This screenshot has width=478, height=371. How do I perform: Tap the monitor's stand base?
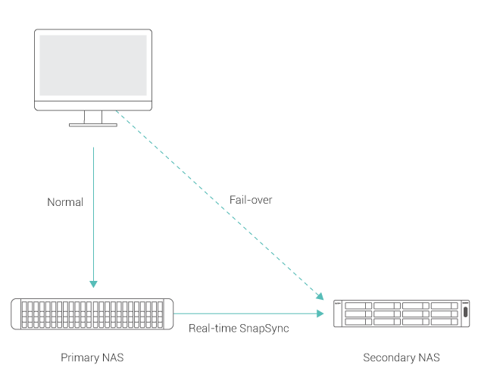(x=93, y=124)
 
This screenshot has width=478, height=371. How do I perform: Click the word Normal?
(x=65, y=202)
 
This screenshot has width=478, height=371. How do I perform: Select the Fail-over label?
(x=251, y=200)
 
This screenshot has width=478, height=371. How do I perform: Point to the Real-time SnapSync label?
(x=239, y=329)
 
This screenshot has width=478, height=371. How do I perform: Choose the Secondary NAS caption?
(x=401, y=357)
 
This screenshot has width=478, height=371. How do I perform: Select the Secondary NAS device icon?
(x=398, y=312)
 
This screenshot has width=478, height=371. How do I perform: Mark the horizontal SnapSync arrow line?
(x=242, y=313)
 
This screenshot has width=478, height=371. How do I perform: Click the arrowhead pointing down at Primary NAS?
(x=93, y=285)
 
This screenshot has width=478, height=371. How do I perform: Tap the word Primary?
(x=78, y=357)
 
